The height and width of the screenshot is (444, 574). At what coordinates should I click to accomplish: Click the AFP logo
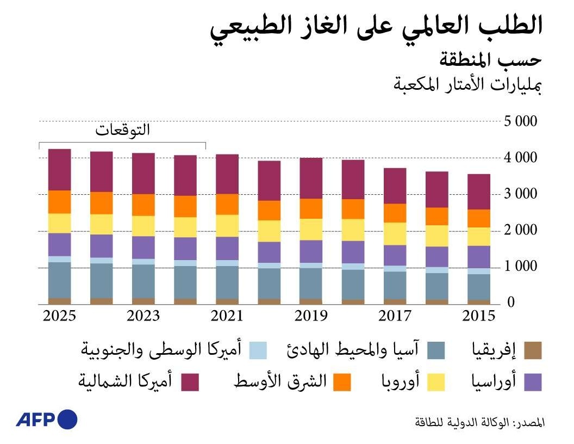click(x=46, y=420)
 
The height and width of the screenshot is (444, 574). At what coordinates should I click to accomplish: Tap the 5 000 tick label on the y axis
click(x=521, y=121)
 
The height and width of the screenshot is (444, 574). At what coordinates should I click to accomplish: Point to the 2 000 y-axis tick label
click(x=521, y=231)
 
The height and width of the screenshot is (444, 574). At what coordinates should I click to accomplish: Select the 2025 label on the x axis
click(x=59, y=316)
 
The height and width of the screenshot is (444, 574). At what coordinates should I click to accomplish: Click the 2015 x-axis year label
click(x=479, y=316)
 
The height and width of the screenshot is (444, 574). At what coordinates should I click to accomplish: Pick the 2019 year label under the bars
click(x=311, y=316)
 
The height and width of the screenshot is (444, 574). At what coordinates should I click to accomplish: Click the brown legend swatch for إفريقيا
click(x=533, y=351)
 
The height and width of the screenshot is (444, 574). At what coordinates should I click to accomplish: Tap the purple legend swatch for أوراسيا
click(x=533, y=382)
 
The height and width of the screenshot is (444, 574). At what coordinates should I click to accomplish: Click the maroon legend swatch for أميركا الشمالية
click(x=190, y=382)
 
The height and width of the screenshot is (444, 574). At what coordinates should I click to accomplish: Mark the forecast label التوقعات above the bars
click(x=122, y=131)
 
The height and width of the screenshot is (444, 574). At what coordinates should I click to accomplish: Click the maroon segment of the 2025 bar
click(x=59, y=169)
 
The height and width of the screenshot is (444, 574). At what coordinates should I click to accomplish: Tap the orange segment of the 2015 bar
click(x=479, y=218)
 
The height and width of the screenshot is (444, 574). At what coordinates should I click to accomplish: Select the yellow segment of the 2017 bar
click(x=395, y=233)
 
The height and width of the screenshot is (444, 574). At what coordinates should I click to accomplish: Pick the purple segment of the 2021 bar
click(x=227, y=248)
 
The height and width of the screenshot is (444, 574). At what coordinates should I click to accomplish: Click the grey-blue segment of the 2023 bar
click(x=143, y=281)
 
